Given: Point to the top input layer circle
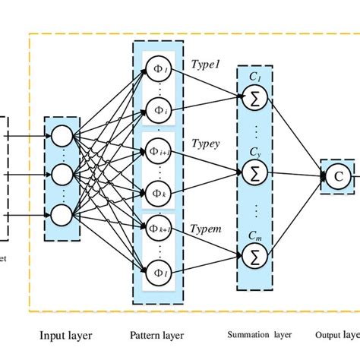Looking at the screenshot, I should [62, 137].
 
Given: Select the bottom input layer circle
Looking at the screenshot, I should [62, 214].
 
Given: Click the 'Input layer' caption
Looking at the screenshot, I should [65, 335].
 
